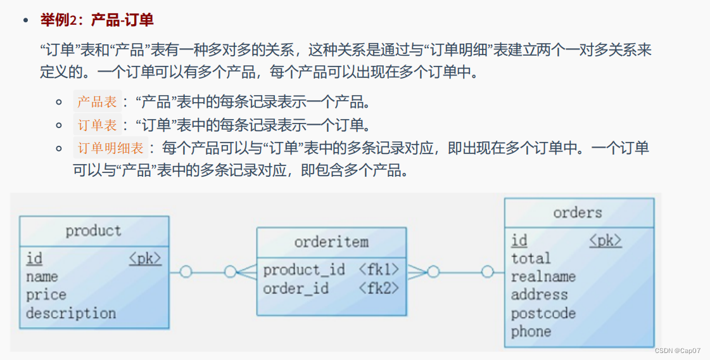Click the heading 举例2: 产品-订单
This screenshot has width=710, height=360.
click(x=97, y=20)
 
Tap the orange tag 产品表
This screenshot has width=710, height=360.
click(x=97, y=102)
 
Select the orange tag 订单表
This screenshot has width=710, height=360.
click(x=97, y=125)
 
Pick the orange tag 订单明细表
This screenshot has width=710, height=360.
click(x=111, y=148)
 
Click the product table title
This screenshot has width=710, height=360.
click(x=93, y=231)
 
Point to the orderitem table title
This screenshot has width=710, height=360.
click(x=331, y=242)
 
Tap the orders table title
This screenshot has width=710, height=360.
click(x=578, y=212)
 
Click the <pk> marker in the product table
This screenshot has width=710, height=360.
click(x=145, y=259)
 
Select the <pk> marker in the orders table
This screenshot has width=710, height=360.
click(x=605, y=240)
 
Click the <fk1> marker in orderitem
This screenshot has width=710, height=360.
click(x=379, y=270)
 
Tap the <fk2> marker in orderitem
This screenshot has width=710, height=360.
click(x=379, y=288)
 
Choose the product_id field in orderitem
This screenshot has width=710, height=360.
click(x=304, y=270)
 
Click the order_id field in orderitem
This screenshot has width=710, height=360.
click(x=296, y=288)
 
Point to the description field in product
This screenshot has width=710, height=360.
click(x=71, y=313)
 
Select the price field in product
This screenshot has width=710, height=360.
click(x=46, y=295)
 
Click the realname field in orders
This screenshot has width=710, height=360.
click(x=543, y=276)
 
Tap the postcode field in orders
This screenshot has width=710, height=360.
click(x=543, y=313)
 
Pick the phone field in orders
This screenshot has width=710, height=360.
click(x=531, y=331)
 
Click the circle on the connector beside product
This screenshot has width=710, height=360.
click(x=186, y=272)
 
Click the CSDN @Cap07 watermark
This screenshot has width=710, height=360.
click(x=678, y=350)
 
